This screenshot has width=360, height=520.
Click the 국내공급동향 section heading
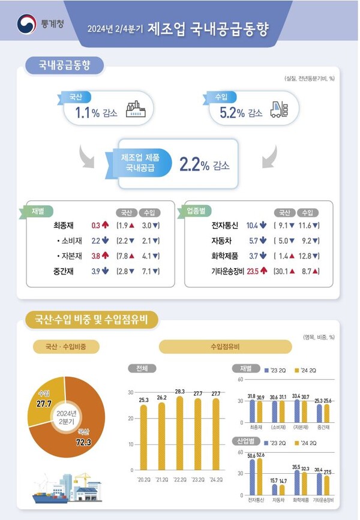click(64, 65)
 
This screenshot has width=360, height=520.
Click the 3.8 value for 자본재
click(95, 256)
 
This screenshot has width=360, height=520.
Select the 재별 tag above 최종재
click(37, 211)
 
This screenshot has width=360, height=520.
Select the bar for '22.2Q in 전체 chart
click(180, 432)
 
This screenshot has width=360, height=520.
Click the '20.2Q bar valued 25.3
click(143, 437)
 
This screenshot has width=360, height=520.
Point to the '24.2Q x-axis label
click(217, 480)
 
